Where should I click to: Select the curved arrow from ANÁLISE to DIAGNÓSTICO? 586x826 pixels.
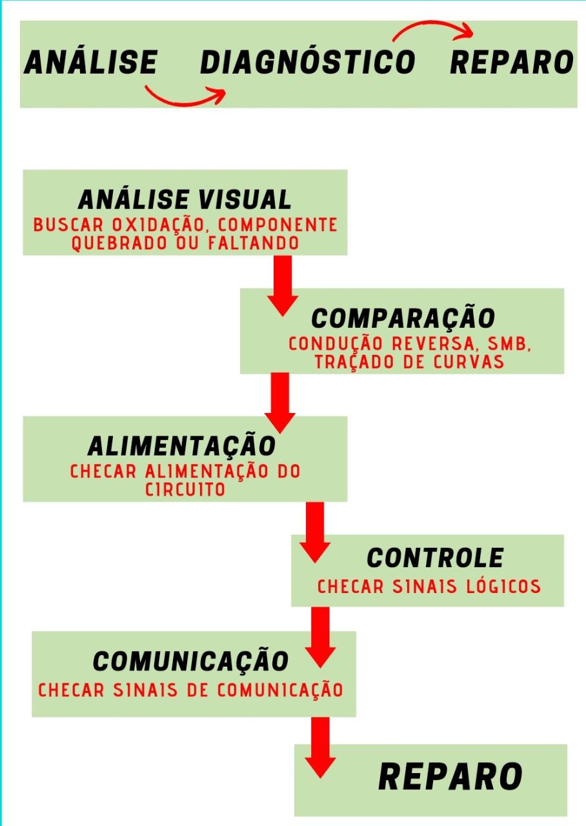[185, 97]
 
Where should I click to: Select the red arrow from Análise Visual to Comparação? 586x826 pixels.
[283, 284]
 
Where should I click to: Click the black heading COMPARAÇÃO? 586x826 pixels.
[403, 318]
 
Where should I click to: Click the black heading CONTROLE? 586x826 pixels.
[435, 558]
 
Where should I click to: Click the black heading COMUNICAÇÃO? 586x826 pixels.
[190, 661]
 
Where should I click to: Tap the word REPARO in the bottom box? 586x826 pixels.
[450, 776]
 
